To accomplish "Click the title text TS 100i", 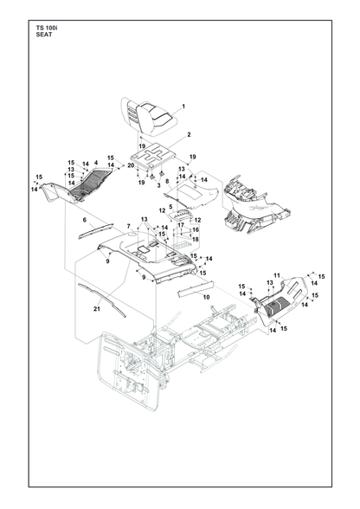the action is point(47,29).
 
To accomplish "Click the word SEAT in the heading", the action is point(44,35).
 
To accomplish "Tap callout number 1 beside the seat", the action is point(183,106).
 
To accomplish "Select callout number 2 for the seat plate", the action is point(189,134).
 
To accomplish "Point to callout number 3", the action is point(158,185).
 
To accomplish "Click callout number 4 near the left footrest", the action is point(96,163).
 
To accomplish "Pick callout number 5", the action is point(170,206).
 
